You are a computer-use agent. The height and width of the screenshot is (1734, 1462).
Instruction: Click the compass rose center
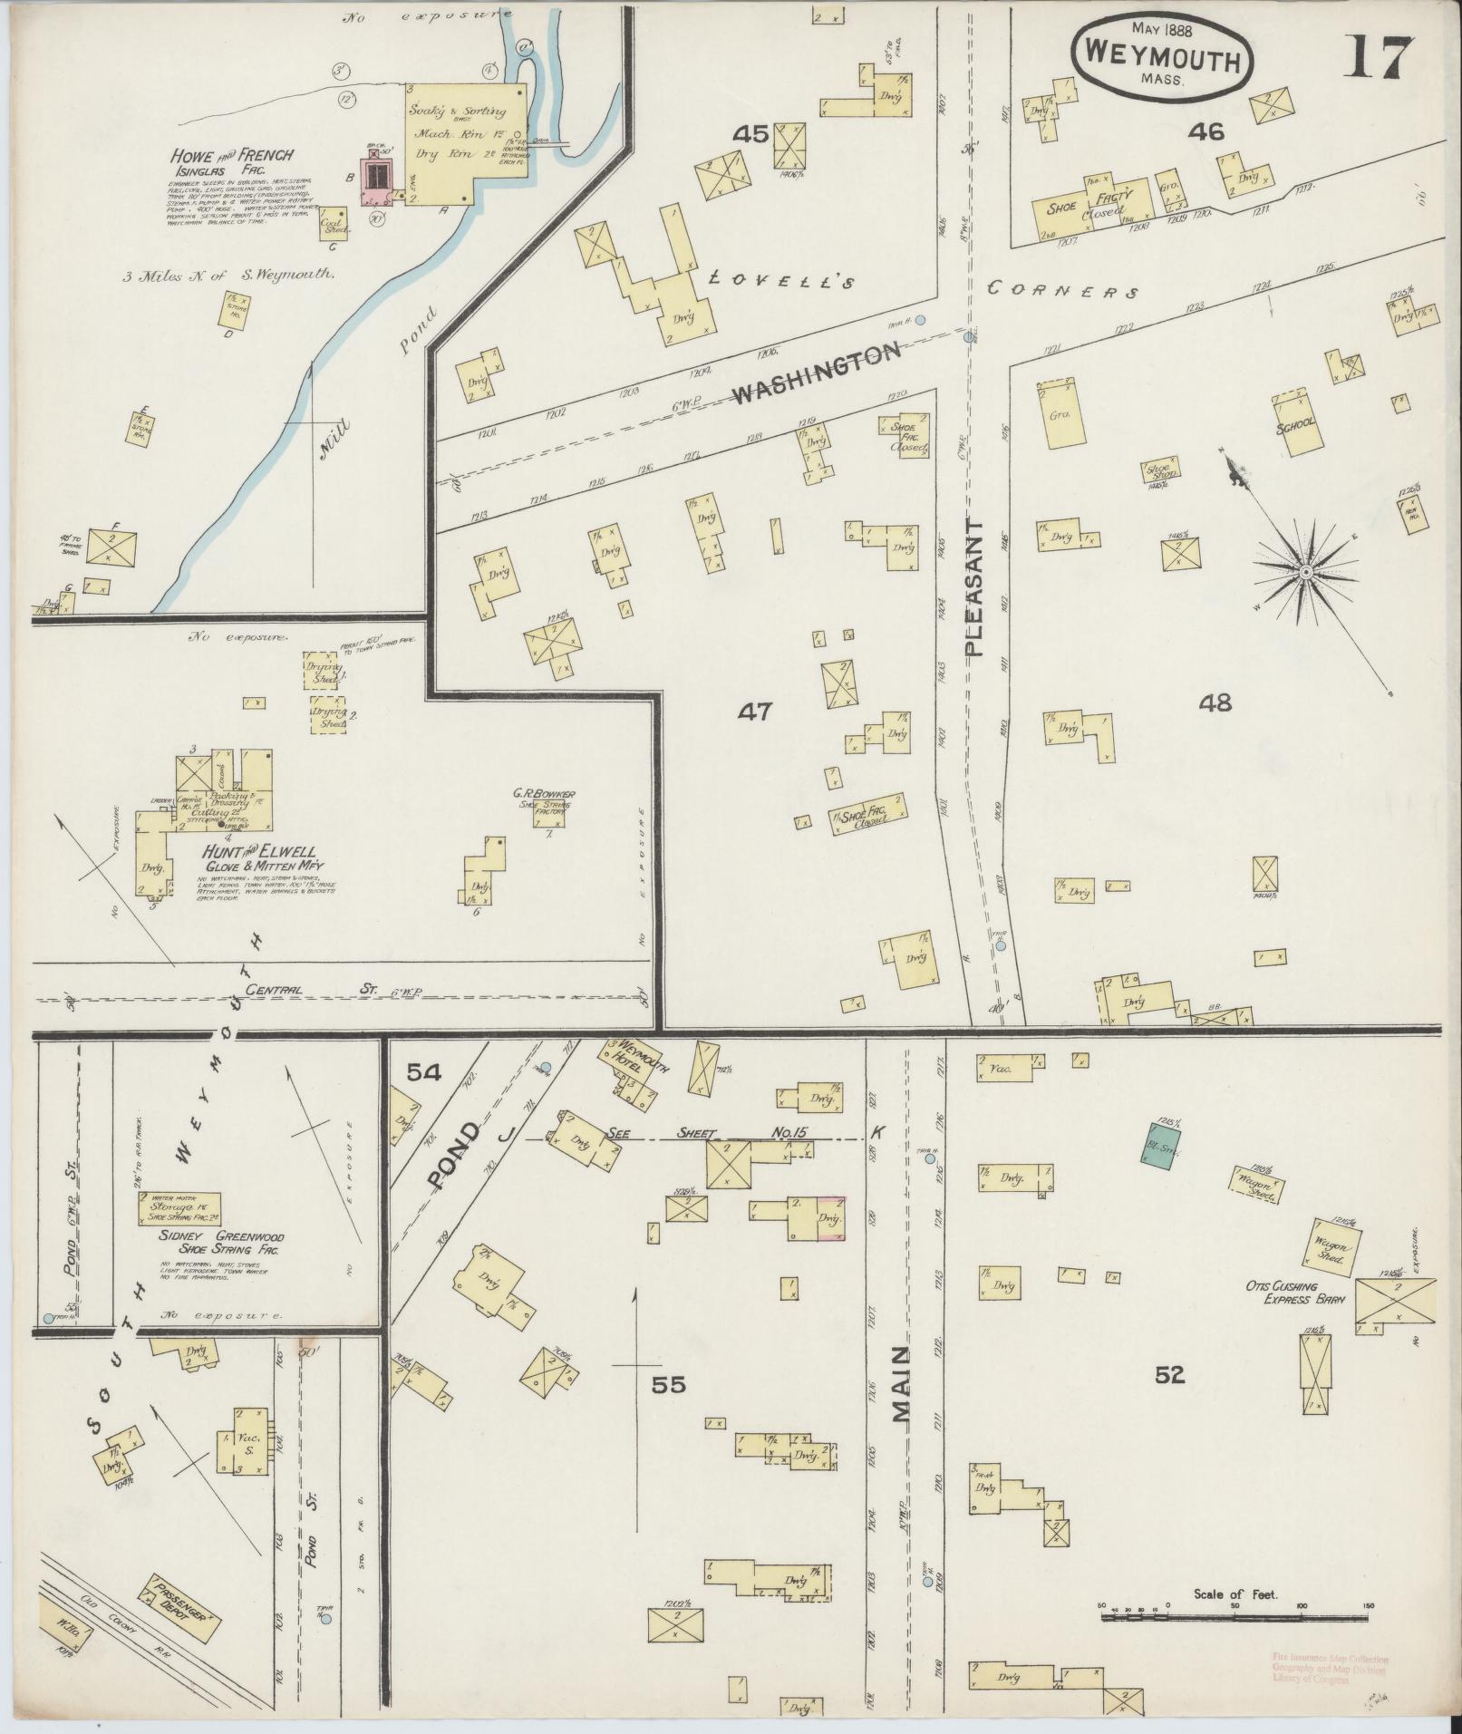[1305, 573]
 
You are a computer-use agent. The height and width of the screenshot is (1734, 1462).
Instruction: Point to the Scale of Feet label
[1235, 960]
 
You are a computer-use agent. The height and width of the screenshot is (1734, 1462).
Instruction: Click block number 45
[751, 135]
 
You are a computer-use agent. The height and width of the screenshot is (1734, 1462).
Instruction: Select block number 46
[1206, 132]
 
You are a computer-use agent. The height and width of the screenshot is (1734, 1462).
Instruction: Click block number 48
[1215, 702]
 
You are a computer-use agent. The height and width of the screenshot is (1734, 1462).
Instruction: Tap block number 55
[668, 1385]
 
